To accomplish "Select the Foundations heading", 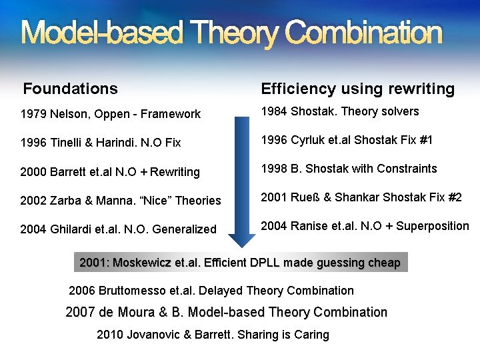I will coord(71,89).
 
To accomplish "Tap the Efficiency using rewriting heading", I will coord(358,89).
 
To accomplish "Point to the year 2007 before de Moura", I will coord(81,312).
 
